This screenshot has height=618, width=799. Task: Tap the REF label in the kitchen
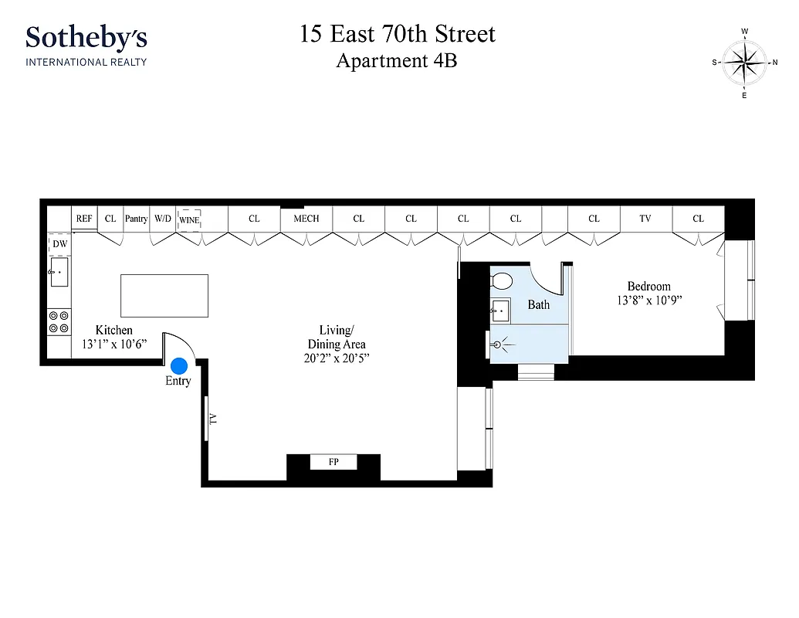pyautogui.click(x=84, y=219)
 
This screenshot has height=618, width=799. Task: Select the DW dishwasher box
pyautogui.click(x=59, y=245)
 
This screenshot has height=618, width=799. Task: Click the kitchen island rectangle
pyautogui.click(x=164, y=295)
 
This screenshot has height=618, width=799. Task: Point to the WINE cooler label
pyautogui.click(x=189, y=219)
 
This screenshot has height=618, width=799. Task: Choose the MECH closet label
pyautogui.click(x=306, y=219)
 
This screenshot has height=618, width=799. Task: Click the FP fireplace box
pyautogui.click(x=333, y=462)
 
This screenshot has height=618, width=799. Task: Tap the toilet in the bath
pyautogui.click(x=503, y=280)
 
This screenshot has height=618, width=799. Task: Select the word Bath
pyautogui.click(x=539, y=304)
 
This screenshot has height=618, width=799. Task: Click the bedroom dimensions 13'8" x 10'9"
pyautogui.click(x=648, y=300)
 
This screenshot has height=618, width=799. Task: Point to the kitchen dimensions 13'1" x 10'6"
pyautogui.click(x=113, y=344)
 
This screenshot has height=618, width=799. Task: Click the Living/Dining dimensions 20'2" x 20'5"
pyautogui.click(x=337, y=358)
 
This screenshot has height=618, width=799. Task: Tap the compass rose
pyautogui.click(x=745, y=63)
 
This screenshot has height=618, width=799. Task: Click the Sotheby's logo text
pyautogui.click(x=86, y=37)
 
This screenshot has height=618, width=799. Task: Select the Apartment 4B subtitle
pyautogui.click(x=397, y=60)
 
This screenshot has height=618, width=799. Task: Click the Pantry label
pyautogui.click(x=136, y=219)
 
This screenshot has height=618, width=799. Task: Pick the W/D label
pyautogui.click(x=162, y=219)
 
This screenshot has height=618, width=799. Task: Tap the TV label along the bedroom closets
pyautogui.click(x=645, y=219)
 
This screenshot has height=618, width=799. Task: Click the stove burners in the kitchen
pyautogui.click(x=59, y=321)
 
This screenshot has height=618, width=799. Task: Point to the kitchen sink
pyautogui.click(x=59, y=273)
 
